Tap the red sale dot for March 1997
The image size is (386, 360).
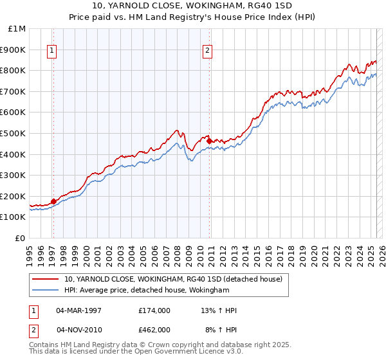(53, 201)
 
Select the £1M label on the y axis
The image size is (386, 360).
(17, 28)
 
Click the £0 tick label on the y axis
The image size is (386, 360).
(20, 238)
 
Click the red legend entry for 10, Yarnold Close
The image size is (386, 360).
(173, 279)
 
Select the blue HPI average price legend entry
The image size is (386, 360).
(147, 291)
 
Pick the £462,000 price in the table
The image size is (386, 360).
(154, 330)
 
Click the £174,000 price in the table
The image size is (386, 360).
(154, 310)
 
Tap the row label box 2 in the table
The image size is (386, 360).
(34, 330)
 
